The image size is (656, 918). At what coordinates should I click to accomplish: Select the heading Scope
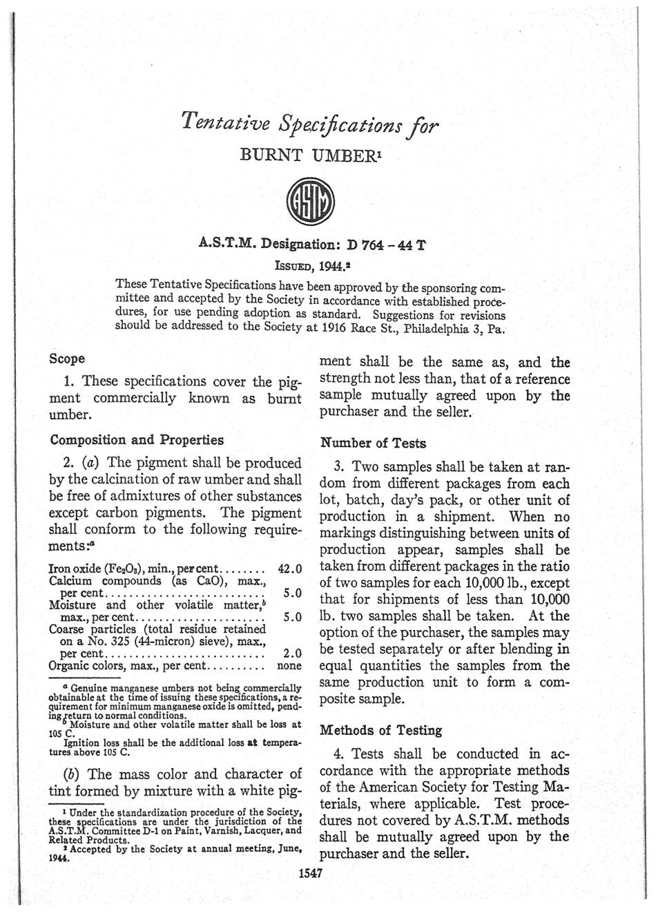click(x=68, y=358)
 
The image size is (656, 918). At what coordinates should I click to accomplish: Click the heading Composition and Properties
click(x=137, y=440)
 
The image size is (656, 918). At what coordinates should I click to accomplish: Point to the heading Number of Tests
click(x=374, y=443)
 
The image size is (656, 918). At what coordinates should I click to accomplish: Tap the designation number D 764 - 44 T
click(x=386, y=245)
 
